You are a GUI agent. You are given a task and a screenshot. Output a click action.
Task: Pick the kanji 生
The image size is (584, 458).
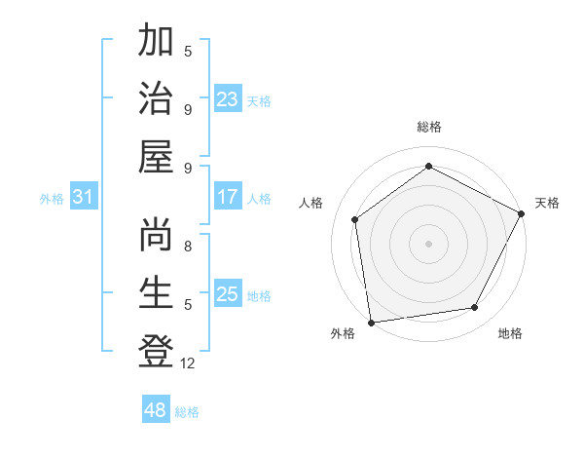pyautogui.click(x=156, y=292)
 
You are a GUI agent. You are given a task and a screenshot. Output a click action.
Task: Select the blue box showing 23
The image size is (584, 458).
pyautogui.click(x=228, y=98)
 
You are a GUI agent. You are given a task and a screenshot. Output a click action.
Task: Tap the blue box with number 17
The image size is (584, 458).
pyautogui.click(x=228, y=198)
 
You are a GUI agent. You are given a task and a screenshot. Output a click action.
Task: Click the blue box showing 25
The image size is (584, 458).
pyautogui.click(x=228, y=294)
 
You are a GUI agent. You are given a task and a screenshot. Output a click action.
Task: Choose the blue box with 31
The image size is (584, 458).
pyautogui.click(x=84, y=198)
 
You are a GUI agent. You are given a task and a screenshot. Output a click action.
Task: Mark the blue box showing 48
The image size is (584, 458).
pyautogui.click(x=156, y=410)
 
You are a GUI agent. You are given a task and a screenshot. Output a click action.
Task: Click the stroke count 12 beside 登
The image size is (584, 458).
pyautogui.click(x=188, y=363)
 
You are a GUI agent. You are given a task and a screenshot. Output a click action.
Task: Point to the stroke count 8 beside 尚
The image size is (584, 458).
pyautogui.click(x=188, y=247)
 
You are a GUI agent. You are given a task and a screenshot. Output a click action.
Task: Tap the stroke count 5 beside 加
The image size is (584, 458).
pyautogui.click(x=188, y=52)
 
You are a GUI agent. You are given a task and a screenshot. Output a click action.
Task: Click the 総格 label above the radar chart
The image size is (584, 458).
pyautogui.click(x=429, y=128)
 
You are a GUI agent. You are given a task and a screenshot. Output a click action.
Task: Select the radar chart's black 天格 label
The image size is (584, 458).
pyautogui.click(x=548, y=203)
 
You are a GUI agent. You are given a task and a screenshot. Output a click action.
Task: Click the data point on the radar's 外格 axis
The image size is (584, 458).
pyautogui.click(x=370, y=322)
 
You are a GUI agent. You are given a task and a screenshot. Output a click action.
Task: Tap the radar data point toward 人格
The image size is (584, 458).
pyautogui.click(x=355, y=219)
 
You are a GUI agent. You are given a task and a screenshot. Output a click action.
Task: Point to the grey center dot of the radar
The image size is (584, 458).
pyautogui.click(x=429, y=243)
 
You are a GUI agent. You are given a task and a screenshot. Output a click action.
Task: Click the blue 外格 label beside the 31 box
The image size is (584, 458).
pyautogui.click(x=52, y=199)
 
